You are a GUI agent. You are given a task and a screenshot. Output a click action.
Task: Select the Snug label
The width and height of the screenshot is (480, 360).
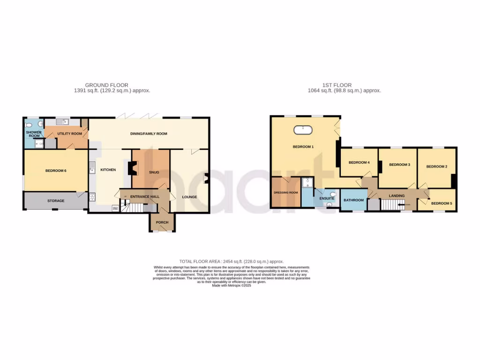point(155,172)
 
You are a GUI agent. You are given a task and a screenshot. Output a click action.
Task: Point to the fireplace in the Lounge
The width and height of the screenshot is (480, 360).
point(206,178)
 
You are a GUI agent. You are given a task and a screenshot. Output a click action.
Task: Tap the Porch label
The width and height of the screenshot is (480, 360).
point(162,222)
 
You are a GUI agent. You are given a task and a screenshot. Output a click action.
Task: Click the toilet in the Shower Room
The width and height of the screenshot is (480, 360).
point(30,125)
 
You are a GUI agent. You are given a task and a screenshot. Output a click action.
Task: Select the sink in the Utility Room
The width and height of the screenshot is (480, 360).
point(64,122)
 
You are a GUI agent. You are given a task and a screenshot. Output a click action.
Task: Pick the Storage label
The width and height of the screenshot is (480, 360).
point(55,201)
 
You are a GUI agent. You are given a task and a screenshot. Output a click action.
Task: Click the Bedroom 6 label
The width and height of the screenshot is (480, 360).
point(55,171)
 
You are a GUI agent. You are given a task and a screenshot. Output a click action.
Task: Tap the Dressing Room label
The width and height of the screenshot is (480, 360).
point(285,193)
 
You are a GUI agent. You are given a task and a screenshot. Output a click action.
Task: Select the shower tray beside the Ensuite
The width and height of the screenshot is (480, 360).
point(307,182)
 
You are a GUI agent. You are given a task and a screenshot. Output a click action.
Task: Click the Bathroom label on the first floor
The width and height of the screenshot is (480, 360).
point(353,200)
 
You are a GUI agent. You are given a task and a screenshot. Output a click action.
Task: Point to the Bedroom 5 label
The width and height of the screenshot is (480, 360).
point(442,203)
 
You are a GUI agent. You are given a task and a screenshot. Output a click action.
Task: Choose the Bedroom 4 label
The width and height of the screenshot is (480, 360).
point(359,163)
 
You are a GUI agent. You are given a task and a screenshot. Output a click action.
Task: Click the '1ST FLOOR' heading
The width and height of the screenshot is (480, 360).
point(337,85)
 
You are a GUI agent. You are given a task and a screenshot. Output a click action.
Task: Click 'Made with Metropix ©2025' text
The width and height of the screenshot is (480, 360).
point(232,285)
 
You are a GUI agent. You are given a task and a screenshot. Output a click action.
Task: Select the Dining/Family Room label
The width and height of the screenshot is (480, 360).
point(149,134)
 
